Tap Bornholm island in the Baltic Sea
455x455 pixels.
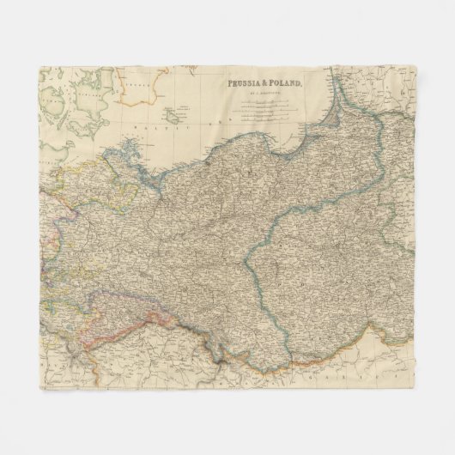coord(184,110)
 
